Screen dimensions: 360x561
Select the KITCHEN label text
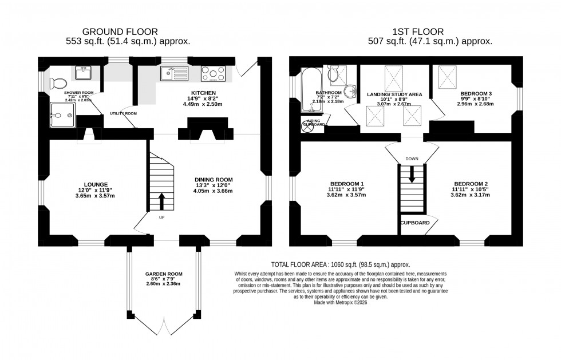click(203, 92)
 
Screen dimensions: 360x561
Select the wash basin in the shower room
click(84, 72)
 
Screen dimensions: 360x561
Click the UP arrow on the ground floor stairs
click(161, 201)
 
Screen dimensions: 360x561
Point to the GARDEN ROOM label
click(163, 274)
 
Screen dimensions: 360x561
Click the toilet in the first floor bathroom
click(334, 75)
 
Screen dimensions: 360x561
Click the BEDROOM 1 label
click(346, 184)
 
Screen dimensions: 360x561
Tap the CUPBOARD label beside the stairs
click(414, 223)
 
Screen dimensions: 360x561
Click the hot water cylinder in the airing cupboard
click(307, 126)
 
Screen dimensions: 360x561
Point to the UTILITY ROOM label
click(123, 114)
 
